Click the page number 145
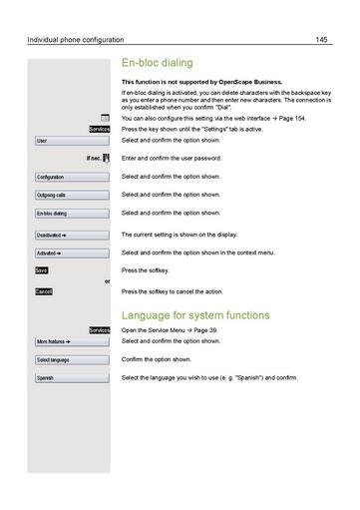pos(321,40)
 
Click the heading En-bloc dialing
pos(158,63)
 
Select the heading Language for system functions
pos(195,315)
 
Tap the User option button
pos(71,141)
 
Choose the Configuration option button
pos(71,177)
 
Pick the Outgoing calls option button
pos(71,195)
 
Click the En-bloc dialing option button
pos(71,214)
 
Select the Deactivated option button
pos(71,235)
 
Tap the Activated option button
pos(71,254)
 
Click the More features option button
pos(71,341)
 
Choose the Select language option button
pos(71,359)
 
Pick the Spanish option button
pos(71,378)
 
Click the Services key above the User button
pos(99,129)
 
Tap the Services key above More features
pos(99,329)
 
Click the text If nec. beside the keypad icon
pos(94,159)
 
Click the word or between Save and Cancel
pos(107,281)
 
